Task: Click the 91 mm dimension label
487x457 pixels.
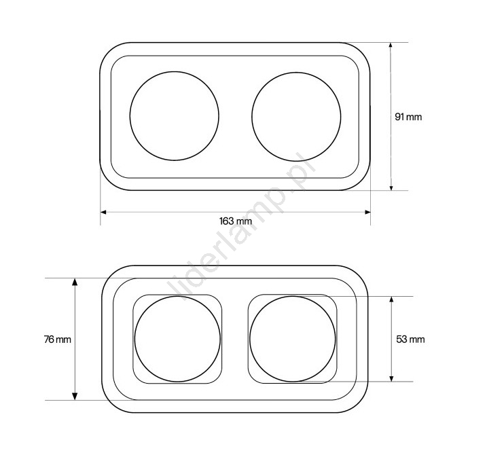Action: coord(408,117)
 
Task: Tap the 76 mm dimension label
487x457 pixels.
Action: coord(58,340)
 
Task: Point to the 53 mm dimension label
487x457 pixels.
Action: coord(410,340)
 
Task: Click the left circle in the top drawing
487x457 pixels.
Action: coord(130,116)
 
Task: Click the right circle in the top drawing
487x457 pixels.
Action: coord(252,117)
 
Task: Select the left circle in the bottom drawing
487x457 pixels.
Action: coord(134,339)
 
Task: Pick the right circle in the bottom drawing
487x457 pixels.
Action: coord(249,339)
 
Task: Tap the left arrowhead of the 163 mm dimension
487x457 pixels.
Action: coord(103,212)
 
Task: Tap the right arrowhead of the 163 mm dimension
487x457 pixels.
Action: coord(367,212)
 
